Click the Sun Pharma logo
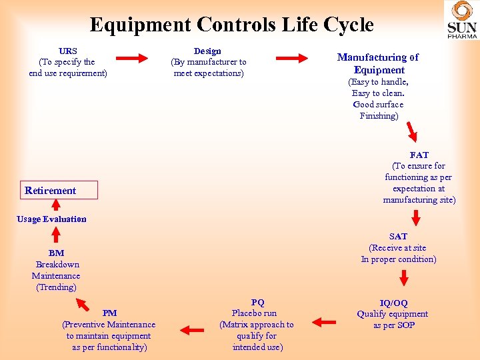(461, 21)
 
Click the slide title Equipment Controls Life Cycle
(231, 25)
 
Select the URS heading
(67, 51)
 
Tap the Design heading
(207, 51)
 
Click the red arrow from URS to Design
(136, 59)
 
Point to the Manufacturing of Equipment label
(378, 63)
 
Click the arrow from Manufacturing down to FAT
(413, 129)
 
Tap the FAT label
(419, 155)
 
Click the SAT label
(399, 236)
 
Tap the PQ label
(257, 302)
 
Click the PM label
(109, 313)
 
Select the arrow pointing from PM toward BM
(83, 305)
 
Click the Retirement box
(59, 190)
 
